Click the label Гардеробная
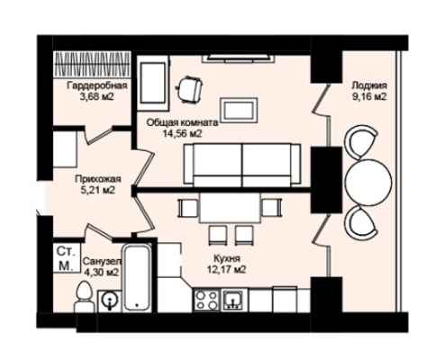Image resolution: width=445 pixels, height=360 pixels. pos(97,85)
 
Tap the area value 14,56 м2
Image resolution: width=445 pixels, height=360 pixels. pos(182,133)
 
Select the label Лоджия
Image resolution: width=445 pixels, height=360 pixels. pos(369,85)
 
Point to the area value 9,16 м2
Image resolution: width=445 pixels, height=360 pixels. pos(369,97)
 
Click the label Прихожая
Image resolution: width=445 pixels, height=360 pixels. pos(98,179)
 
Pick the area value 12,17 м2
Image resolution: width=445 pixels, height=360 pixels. pos(227,270)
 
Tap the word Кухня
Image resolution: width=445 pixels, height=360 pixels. pos(227,258)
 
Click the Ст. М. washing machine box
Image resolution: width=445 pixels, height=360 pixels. pos(66,257)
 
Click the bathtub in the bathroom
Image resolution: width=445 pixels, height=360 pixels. pos(137,277)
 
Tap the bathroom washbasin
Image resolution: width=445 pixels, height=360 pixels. pos(110,301)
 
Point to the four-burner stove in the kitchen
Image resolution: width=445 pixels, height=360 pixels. pos(207,300)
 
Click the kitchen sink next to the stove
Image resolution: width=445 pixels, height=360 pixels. pos(234,300)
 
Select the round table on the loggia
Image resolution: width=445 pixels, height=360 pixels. pos(369,182)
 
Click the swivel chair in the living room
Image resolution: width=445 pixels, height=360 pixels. pos(189,89)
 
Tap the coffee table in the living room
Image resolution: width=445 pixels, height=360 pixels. pos(239,110)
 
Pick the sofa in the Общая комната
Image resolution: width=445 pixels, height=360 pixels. pos(242,165)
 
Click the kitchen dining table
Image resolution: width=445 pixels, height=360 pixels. pos(231,208)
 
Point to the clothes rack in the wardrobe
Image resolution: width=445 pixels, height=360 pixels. pos(93,64)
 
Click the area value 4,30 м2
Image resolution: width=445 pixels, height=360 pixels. pos(101,273)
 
